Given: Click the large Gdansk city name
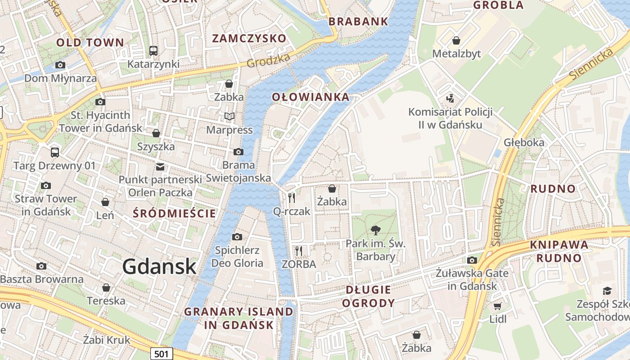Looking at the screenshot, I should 159,266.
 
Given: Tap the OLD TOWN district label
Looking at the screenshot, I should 90,43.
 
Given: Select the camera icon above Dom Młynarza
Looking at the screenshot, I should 60,65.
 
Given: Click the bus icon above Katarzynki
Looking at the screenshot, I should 153,50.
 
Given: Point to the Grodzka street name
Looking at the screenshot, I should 269,60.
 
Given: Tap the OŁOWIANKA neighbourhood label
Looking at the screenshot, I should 310,97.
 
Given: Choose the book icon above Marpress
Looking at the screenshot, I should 229,117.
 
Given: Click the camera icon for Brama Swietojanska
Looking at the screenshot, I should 238,152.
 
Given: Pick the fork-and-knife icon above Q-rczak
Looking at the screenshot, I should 292,198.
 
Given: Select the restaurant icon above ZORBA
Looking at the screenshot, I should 299,251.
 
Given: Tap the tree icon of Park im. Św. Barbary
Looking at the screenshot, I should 375,230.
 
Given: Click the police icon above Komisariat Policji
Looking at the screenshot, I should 450,98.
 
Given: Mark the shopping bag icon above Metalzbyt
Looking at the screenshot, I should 456,40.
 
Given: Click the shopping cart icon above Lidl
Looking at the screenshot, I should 497,306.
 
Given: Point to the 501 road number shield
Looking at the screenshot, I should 161,354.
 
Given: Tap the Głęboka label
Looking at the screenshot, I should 524,143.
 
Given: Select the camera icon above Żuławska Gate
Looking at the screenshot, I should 472,260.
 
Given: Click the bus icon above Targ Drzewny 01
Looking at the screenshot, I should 55,152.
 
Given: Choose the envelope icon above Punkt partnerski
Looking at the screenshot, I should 160,167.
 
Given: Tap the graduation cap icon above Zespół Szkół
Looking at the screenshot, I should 607,291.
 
